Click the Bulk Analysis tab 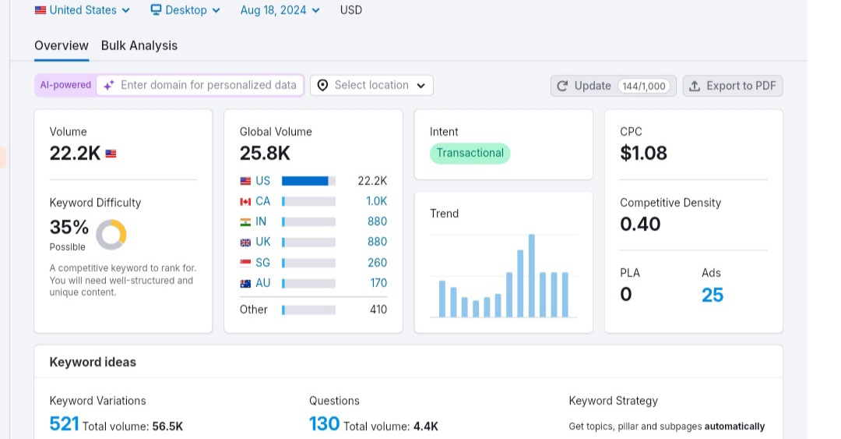tap(139, 46)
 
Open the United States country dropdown tap(82, 10)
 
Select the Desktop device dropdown tap(185, 10)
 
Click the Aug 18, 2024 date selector tap(280, 10)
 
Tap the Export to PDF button tap(733, 86)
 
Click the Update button tap(613, 86)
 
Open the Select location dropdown tap(371, 86)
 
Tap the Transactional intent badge tap(470, 153)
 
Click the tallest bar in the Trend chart tap(532, 276)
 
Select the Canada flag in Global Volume tap(245, 201)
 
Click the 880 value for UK tap(377, 242)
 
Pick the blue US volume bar tap(304, 181)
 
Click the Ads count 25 tap(713, 295)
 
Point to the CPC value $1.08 tap(644, 153)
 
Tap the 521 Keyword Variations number tap(64, 424)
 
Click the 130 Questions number tap(324, 424)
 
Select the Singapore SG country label tap(263, 263)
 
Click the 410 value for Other tap(378, 310)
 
